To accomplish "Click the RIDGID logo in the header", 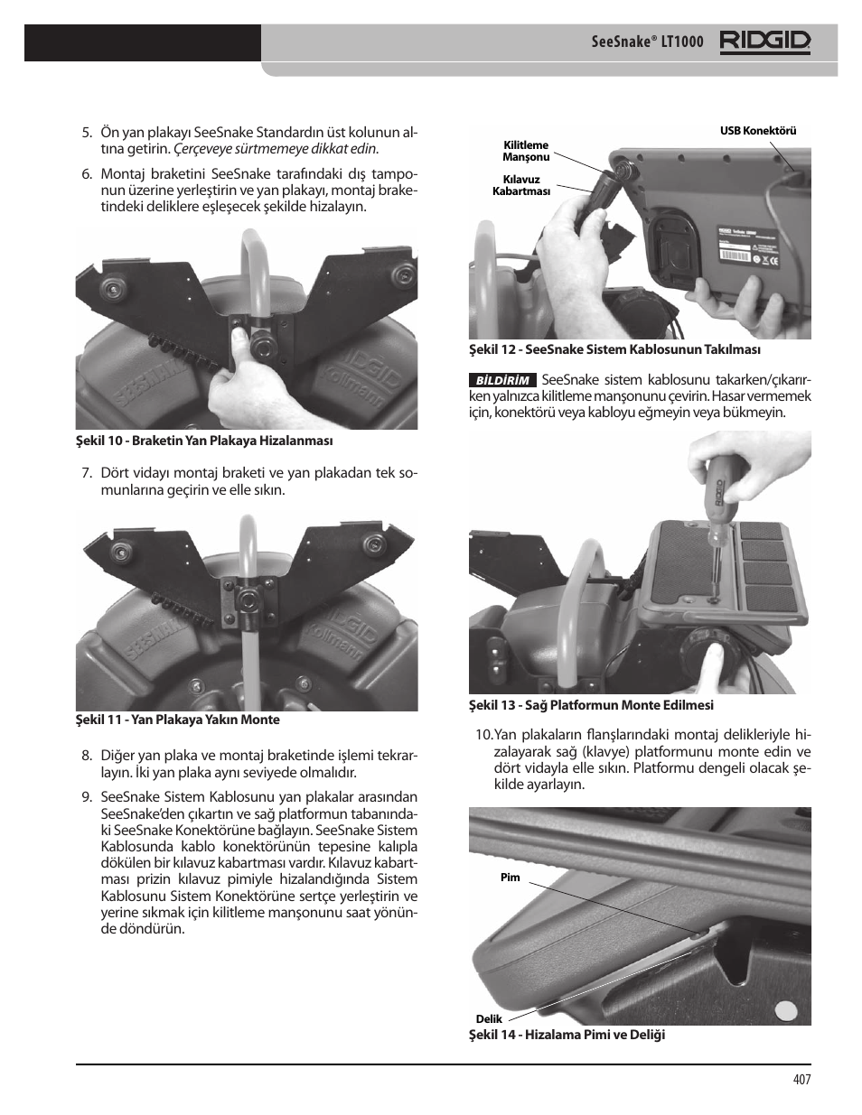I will (x=764, y=42).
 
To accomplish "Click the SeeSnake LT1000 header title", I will (x=647, y=42).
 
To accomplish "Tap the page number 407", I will (x=801, y=1080).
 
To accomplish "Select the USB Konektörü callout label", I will (x=758, y=131).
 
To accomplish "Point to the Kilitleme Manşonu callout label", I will (x=526, y=151).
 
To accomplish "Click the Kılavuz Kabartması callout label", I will (x=521, y=185).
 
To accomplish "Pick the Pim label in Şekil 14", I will (x=510, y=878).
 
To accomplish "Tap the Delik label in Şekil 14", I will (x=489, y=1018).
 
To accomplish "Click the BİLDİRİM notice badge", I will (x=502, y=380).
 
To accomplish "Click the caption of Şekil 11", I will (x=177, y=720).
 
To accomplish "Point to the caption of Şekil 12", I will (x=614, y=349).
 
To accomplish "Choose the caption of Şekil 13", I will (x=591, y=705).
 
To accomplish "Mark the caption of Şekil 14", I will (x=567, y=1035).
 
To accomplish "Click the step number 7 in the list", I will (x=87, y=474).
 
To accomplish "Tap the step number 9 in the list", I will (x=87, y=796).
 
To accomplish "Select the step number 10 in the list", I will (x=483, y=735).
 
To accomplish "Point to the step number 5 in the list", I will (x=87, y=133).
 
